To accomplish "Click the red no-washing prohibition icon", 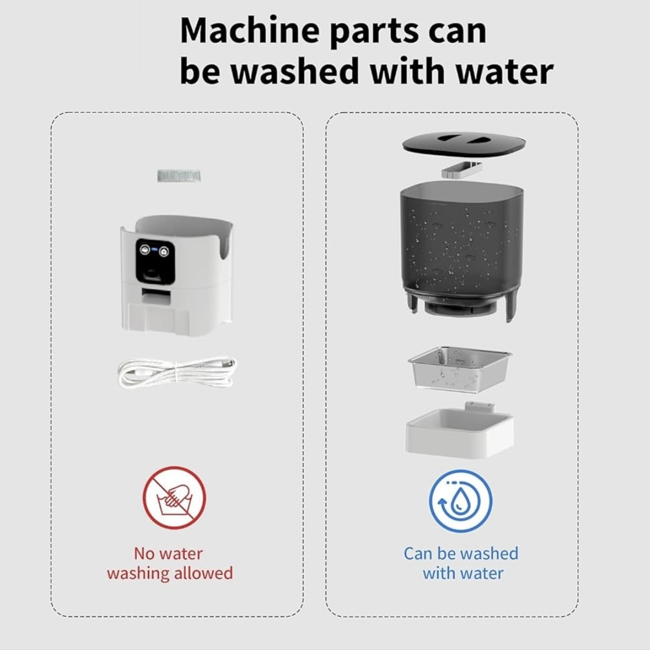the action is point(174,497).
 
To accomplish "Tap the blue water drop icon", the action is point(460,501).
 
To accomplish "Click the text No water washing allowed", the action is point(170,563).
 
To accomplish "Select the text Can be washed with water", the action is point(461,563).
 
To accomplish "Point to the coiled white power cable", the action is point(177,372).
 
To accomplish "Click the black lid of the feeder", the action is point(464,144).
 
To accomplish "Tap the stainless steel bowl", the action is point(460,368).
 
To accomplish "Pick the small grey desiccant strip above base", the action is point(179,176).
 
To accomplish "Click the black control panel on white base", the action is point(155,261).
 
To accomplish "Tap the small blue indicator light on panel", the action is point(154,250).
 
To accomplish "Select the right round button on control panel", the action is point(164,251).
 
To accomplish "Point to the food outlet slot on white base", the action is point(156,296).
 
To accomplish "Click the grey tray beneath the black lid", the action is point(462,170).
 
